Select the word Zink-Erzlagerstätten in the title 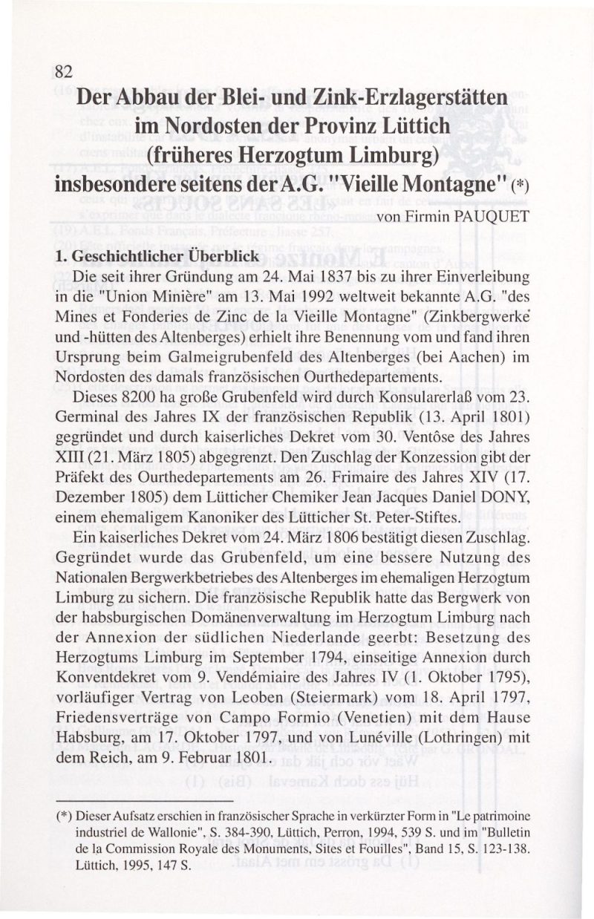point(410,97)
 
